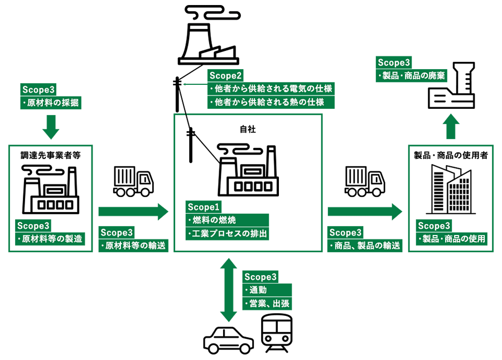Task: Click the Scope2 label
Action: coord(225,75)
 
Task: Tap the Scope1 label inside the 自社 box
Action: coord(204,206)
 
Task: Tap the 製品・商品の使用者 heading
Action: coord(451,155)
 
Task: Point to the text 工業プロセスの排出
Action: coord(229,233)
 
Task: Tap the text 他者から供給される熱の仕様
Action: coord(272,102)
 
